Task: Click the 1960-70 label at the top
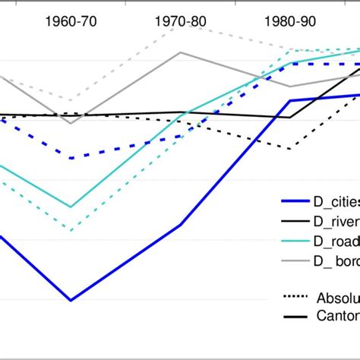(x=71, y=21)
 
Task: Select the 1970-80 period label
(x=180, y=21)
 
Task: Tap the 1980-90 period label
(x=289, y=21)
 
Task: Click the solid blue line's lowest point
(x=71, y=300)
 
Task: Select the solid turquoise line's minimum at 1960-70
(x=71, y=207)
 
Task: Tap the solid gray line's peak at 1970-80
(x=180, y=52)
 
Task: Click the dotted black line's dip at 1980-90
(x=289, y=149)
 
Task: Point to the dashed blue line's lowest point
(x=71, y=158)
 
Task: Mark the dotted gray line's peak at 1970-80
(x=180, y=26)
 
